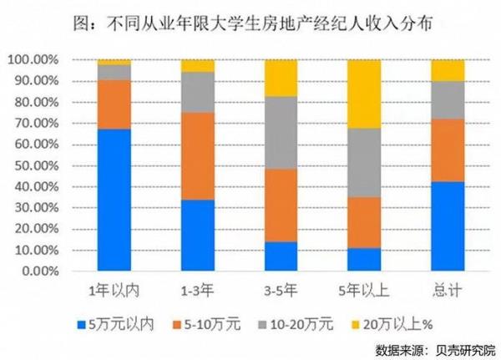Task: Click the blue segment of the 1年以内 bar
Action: click(x=114, y=200)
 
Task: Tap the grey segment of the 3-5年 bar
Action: click(x=281, y=133)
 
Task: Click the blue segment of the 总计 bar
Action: click(x=448, y=226)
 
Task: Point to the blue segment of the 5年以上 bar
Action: click(x=365, y=260)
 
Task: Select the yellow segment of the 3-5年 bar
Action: click(x=281, y=79)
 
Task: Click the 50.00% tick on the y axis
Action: click(x=33, y=165)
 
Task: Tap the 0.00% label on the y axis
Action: click(x=37, y=271)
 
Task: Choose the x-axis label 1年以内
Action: click(x=114, y=291)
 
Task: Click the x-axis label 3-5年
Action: click(x=281, y=291)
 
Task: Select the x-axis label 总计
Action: click(x=448, y=291)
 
